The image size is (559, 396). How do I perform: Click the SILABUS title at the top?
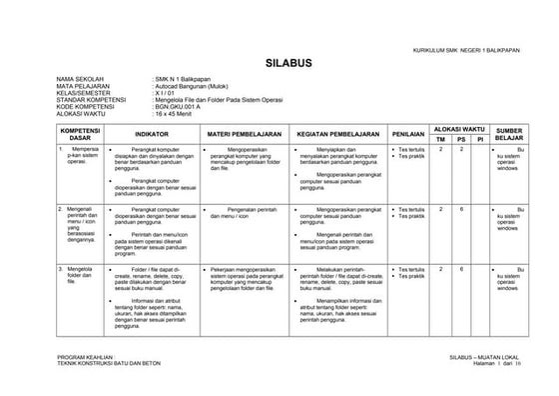point(290,64)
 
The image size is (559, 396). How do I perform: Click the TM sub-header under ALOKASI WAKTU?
point(442,139)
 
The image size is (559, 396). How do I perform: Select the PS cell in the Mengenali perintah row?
point(461,208)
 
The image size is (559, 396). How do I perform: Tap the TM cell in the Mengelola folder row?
point(442,269)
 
